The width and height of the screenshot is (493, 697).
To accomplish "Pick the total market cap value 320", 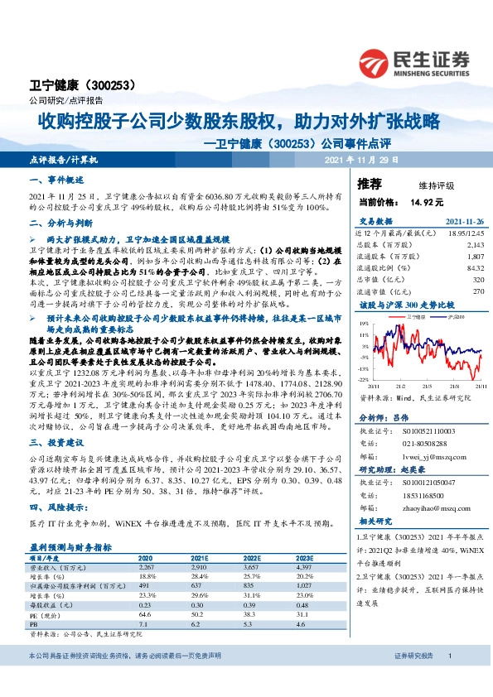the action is [x=477, y=280].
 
